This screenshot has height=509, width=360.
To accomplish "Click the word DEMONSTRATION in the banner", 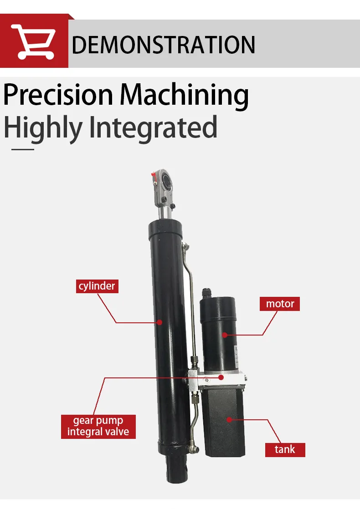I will point(164,45).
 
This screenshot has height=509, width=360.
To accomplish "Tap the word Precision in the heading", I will point(58,94).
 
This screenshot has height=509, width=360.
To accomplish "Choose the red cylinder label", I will point(97,286).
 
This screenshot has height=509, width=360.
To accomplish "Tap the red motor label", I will point(280,304).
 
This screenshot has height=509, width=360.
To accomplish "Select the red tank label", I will point(285,449).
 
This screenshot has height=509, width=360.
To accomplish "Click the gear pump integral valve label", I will point(98,426).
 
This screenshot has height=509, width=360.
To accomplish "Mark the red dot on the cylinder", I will point(159,322).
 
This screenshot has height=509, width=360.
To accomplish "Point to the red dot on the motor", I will point(224,335).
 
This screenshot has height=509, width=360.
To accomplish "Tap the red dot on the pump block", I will point(221,377).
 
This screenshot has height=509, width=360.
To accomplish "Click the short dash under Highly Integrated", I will point(23,148).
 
